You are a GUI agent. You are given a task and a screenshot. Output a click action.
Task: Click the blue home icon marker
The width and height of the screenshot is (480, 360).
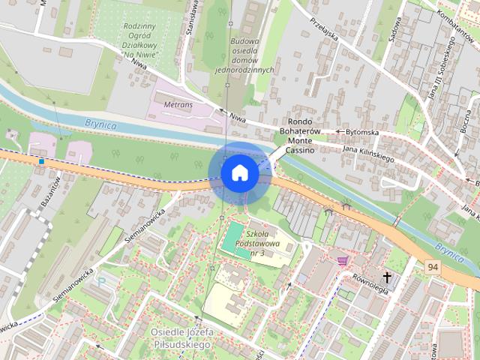click(239, 173)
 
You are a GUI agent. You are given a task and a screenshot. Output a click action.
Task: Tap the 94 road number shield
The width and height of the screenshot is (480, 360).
click(433, 267)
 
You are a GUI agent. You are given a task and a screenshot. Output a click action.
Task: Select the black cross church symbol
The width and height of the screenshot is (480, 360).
click(387, 277)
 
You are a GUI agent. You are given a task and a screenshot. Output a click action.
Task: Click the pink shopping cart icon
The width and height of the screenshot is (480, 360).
click(343, 260)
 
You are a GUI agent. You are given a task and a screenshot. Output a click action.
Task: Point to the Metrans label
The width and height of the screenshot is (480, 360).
click(173, 105)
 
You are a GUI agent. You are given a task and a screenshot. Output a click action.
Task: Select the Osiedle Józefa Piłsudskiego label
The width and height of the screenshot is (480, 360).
click(182, 338)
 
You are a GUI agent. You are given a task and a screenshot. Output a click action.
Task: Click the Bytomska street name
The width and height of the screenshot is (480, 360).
click(361, 132)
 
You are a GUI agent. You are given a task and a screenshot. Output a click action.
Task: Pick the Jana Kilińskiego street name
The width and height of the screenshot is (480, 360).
click(367, 154)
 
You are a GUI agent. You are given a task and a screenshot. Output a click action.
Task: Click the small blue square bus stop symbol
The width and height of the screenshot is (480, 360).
click(41, 160)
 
